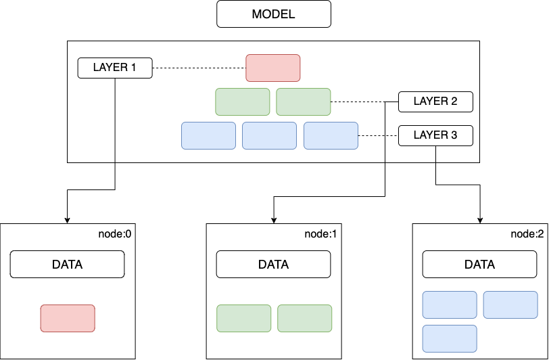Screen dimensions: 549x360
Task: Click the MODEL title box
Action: [274, 14]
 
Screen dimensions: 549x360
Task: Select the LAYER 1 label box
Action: [115, 68]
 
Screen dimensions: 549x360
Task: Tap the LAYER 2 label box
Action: [435, 102]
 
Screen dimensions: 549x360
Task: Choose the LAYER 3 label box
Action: [435, 135]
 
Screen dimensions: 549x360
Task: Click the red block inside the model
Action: [273, 68]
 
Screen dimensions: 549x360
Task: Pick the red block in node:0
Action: [68, 318]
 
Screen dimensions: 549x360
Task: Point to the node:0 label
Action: [114, 234]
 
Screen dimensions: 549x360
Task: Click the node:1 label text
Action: [320, 234]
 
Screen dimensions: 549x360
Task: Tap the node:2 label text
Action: [527, 234]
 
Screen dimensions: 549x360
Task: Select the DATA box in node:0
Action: [67, 265]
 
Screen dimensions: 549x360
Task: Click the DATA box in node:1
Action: [273, 265]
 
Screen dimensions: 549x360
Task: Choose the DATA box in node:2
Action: [479, 265]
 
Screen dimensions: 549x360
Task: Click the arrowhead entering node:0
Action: [67, 221]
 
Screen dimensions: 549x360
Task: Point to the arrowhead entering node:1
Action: [274, 221]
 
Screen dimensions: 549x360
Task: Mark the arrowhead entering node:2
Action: [480, 221]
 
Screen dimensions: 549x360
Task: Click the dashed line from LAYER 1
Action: [199, 68]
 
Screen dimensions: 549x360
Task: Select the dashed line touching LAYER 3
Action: [378, 135]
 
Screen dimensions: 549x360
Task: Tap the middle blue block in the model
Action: [270, 135]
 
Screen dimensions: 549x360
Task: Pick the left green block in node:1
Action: [243, 318]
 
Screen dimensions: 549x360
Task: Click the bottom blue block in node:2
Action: [450, 338]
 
